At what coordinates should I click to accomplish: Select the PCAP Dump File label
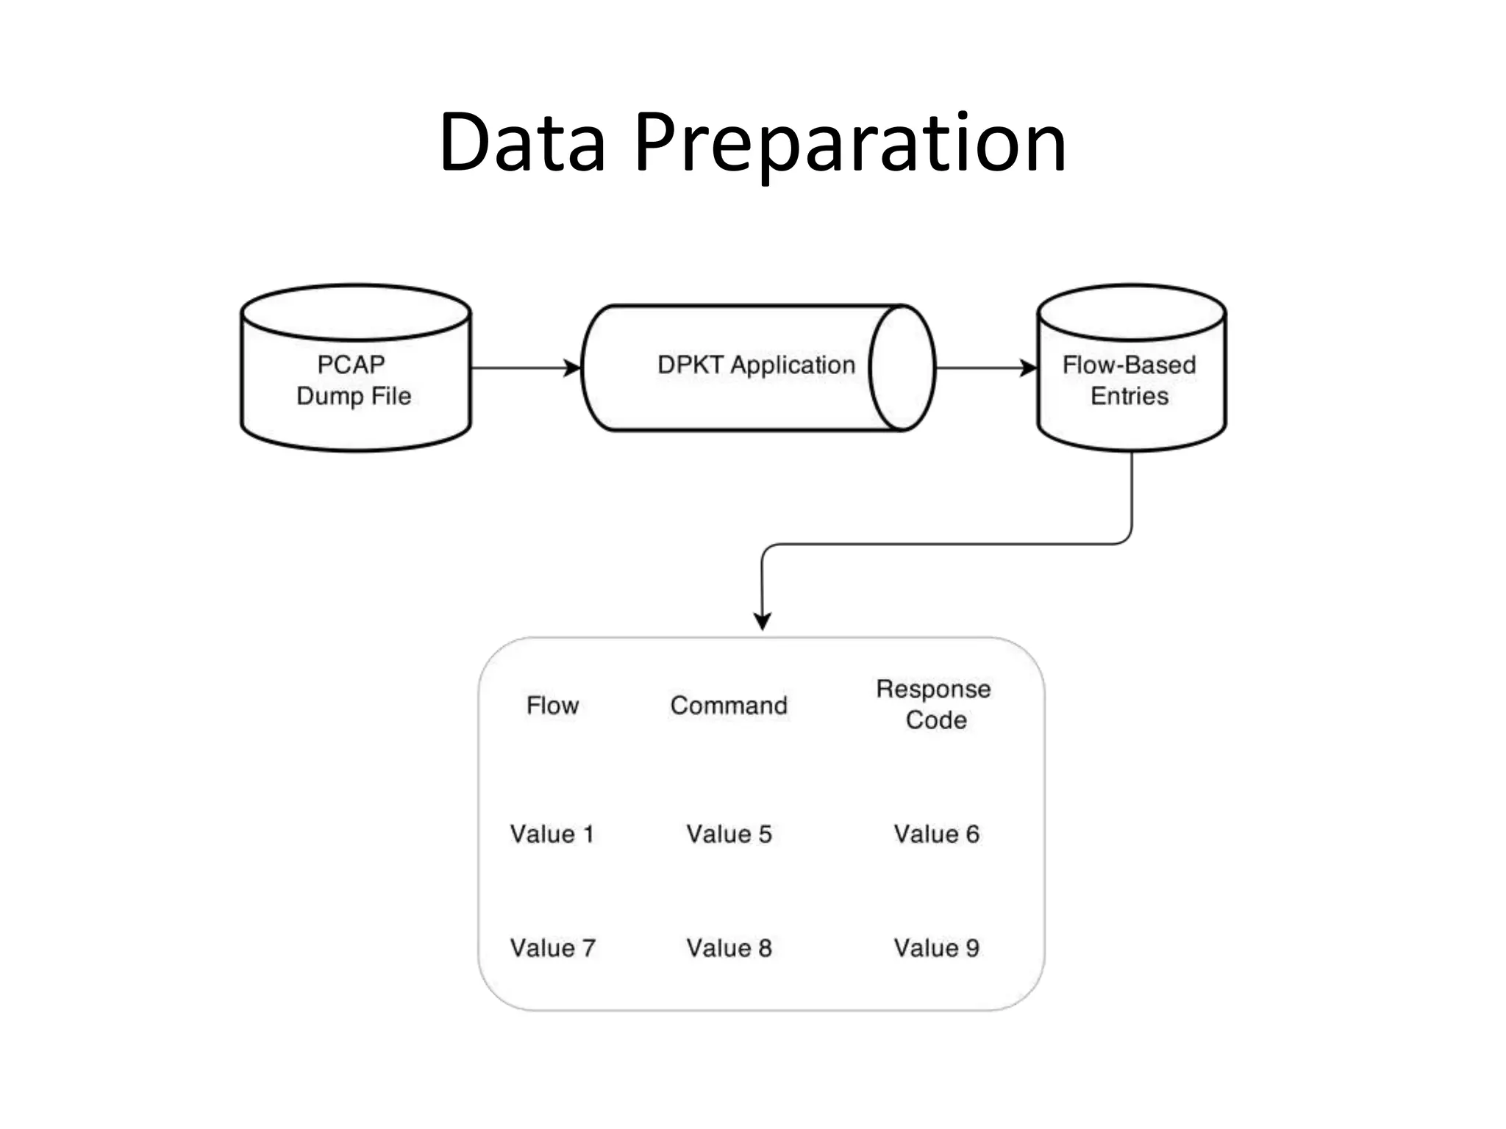[x=353, y=380]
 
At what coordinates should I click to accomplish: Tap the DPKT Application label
[x=756, y=365]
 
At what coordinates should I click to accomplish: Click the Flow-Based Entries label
[x=1129, y=380]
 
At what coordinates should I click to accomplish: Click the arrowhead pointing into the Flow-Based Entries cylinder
[x=1029, y=368]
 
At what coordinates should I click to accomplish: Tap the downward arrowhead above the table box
[x=763, y=621]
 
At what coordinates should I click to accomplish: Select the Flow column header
[x=552, y=706]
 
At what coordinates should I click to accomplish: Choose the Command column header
[x=729, y=706]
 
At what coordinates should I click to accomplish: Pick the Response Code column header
[x=935, y=704]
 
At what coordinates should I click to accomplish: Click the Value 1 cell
[x=552, y=834]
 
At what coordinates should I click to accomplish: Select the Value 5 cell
[x=729, y=834]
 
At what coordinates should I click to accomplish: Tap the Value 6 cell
[x=936, y=834]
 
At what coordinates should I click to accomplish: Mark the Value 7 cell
[x=552, y=948]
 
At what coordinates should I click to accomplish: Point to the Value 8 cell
[x=729, y=948]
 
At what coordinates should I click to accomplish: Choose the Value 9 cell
[x=936, y=948]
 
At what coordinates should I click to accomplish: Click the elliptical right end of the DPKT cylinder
[x=902, y=368]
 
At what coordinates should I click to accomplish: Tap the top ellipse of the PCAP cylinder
[x=356, y=312]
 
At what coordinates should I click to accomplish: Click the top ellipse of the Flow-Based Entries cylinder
[x=1132, y=312]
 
